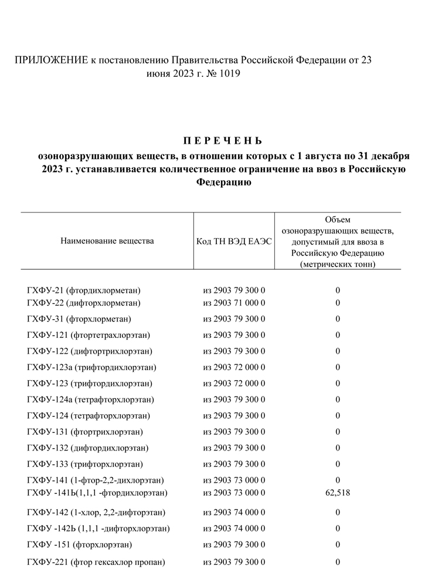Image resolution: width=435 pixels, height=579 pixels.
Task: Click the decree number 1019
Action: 228,74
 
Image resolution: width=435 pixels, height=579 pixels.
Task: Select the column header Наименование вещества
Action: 107,241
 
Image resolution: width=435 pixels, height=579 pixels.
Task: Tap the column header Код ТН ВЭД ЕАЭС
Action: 235,241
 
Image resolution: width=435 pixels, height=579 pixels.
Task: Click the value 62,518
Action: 338,492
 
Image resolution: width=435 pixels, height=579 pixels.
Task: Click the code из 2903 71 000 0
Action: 235,303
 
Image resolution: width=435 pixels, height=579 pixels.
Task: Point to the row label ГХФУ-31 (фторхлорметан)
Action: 79,319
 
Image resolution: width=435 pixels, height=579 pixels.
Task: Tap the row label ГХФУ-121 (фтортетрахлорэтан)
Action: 89,335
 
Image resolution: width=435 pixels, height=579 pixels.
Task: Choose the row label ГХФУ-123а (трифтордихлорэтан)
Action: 91,367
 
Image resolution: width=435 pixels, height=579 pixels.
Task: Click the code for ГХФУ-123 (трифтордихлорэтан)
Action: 235,383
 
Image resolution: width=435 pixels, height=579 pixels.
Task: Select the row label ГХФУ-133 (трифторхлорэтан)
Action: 85,464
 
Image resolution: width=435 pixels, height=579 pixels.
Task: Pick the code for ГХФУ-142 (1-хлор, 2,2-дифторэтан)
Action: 235,512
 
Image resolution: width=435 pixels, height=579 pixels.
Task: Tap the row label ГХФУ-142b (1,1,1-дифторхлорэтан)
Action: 98,529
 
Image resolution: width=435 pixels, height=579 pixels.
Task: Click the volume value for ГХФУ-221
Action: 338,563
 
